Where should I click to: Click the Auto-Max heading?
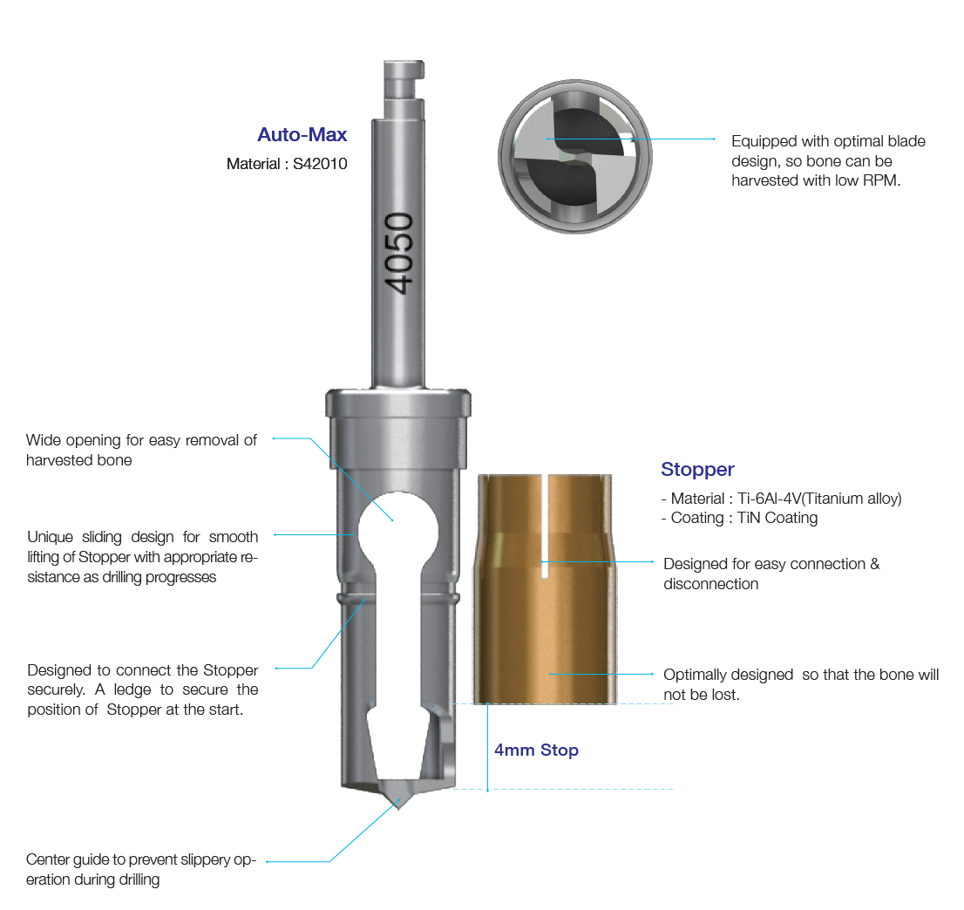(302, 134)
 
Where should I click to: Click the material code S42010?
(320, 164)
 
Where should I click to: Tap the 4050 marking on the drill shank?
(398, 254)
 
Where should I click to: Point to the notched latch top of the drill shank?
(404, 80)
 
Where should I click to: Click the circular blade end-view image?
(575, 156)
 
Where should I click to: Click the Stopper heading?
(697, 469)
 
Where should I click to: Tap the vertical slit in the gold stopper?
(545, 526)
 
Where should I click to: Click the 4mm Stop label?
(536, 750)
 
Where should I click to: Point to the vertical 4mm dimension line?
(487, 746)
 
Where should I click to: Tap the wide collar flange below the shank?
(397, 403)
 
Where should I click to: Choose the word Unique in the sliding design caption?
(50, 538)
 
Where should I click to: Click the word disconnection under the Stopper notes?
(710, 584)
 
